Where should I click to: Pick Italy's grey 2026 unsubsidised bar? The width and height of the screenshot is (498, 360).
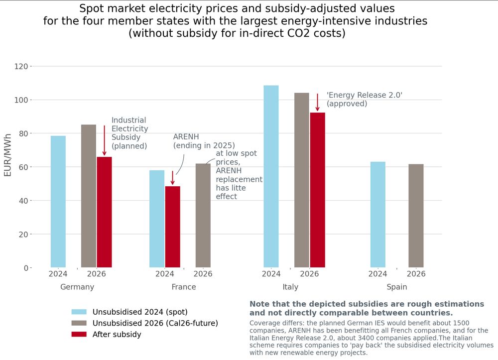[x=301, y=180]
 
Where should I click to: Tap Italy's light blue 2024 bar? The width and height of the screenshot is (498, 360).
[x=271, y=177]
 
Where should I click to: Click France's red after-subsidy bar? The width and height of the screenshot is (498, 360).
[x=172, y=227]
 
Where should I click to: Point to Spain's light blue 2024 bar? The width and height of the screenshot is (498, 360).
[x=377, y=215]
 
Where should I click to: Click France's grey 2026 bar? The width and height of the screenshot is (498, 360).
[x=203, y=216]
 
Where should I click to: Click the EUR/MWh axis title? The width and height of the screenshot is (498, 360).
[x=8, y=155]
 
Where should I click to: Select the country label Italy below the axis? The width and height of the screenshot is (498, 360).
[x=290, y=287]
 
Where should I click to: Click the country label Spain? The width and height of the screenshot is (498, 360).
[x=397, y=287]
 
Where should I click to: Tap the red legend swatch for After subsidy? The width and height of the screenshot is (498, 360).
[x=79, y=335]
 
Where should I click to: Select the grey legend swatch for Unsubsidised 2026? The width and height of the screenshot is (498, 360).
[x=79, y=323]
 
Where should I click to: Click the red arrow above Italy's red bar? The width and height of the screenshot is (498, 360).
[x=317, y=103]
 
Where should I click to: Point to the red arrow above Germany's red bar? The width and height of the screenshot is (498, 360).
[x=104, y=140]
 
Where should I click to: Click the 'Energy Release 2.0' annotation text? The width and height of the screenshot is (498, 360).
[x=364, y=99]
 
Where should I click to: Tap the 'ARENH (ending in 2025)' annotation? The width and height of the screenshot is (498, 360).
[x=204, y=141]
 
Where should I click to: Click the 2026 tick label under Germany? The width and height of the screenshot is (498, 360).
[x=96, y=274]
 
